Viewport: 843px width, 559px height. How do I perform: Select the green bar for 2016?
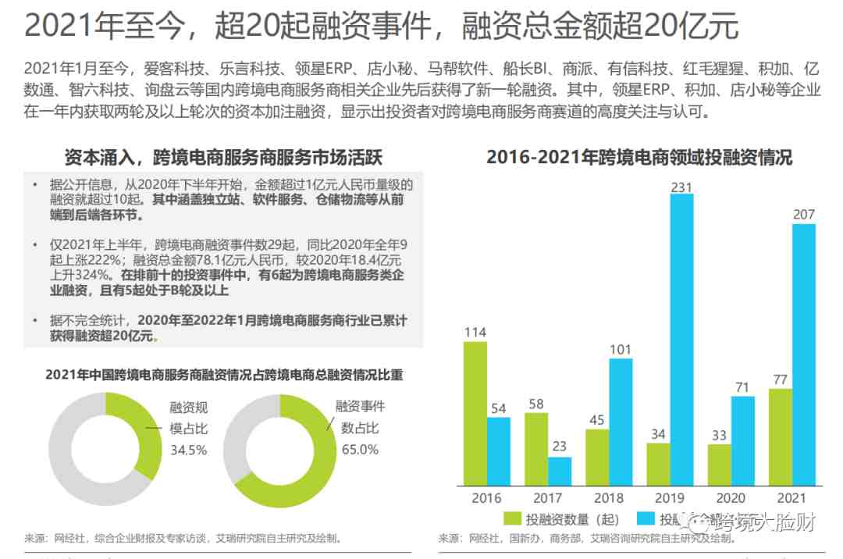point(475,414)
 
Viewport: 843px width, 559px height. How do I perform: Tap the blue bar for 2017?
point(560,471)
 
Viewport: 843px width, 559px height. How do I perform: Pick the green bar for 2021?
point(780,437)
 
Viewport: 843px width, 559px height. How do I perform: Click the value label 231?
point(681,186)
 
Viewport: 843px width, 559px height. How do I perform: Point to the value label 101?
point(621,350)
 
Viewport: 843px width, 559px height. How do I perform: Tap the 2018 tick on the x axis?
point(609,497)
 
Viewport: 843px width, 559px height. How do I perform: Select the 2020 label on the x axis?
point(731,497)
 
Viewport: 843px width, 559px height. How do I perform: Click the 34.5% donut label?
point(189,450)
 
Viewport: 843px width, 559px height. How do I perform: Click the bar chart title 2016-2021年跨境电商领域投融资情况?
point(639,158)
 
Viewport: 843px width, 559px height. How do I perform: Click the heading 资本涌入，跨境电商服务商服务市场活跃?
point(224,158)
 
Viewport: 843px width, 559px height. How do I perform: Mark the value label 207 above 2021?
point(803,215)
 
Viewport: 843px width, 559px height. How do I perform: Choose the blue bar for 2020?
point(742,441)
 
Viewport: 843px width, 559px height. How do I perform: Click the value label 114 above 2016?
point(475,333)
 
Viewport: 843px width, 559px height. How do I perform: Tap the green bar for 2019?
point(658,465)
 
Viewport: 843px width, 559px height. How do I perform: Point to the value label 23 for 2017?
point(560,447)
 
